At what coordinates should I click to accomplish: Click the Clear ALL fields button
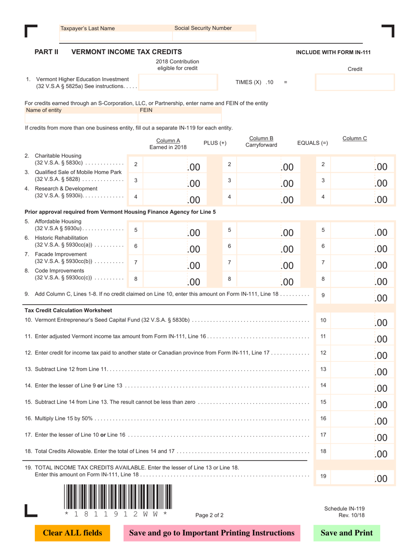tap(72, 533)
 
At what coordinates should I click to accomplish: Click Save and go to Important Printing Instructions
tap(211, 533)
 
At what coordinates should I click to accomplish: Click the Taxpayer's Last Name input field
tap(102, 37)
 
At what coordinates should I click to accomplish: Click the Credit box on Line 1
tap(355, 82)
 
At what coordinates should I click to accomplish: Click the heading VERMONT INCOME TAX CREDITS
tap(126, 52)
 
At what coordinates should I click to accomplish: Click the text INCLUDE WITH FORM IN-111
tap(333, 52)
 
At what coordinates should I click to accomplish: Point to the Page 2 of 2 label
tap(209, 515)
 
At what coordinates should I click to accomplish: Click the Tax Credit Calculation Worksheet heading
tap(68, 310)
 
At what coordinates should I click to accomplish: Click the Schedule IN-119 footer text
tap(344, 509)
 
